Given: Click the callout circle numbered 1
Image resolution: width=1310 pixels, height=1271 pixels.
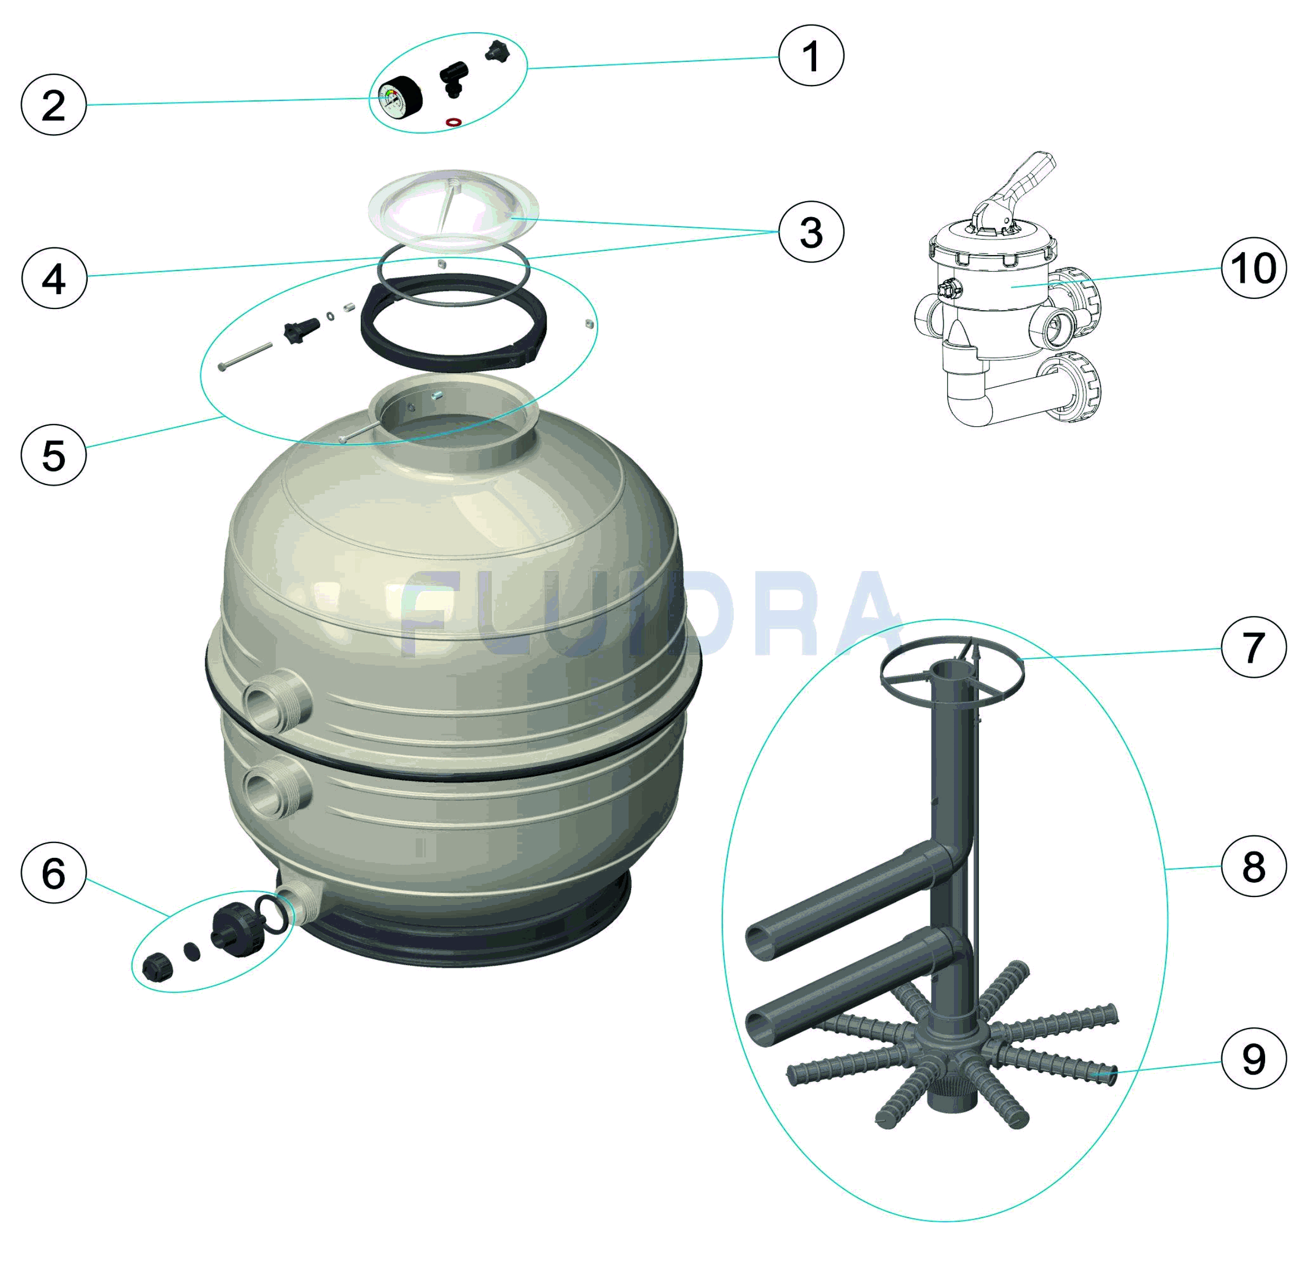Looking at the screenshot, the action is click(811, 55).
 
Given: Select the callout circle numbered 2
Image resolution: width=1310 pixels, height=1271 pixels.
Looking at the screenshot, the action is click(53, 105).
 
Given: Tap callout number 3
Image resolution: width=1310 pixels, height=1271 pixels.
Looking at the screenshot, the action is click(811, 232).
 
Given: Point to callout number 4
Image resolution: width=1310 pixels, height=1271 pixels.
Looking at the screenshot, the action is click(54, 277).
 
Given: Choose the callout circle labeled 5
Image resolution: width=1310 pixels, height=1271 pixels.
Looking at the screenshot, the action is click(53, 454).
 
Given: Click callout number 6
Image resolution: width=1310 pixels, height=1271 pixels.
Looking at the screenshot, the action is click(53, 872).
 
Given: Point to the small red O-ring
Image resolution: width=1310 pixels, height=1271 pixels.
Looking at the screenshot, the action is click(454, 122).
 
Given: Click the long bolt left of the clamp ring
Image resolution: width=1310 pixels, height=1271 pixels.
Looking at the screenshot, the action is click(245, 356).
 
